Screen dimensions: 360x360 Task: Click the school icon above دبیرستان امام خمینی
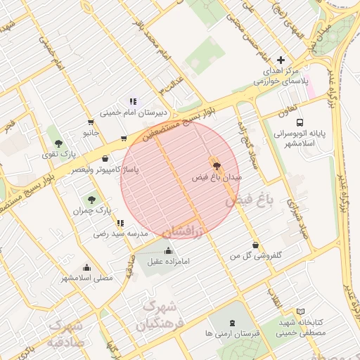point(132,101)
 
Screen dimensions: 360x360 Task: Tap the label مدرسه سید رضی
point(123,233)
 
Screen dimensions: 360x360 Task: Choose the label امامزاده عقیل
point(169,262)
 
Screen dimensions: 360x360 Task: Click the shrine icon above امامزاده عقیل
point(168,251)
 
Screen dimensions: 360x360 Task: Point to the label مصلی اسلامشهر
point(86,278)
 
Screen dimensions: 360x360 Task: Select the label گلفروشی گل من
point(256,257)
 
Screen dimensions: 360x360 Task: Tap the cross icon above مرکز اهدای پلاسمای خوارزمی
point(281,61)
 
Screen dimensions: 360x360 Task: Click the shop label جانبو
point(91,132)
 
